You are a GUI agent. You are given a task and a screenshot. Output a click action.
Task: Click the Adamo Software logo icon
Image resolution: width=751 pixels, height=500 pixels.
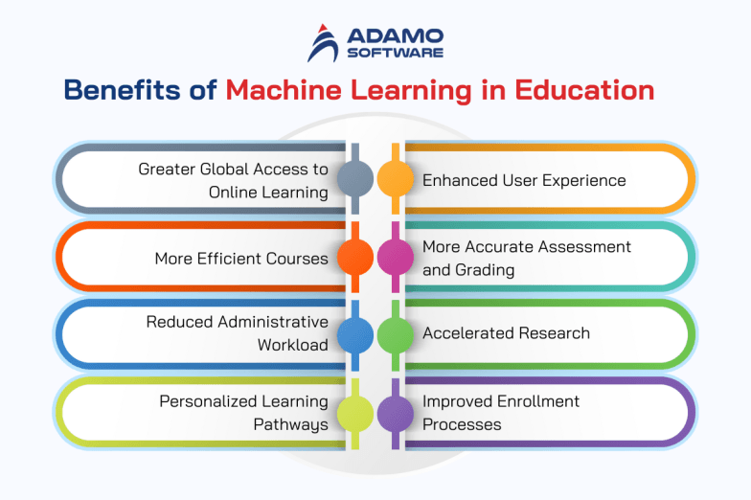point(324,43)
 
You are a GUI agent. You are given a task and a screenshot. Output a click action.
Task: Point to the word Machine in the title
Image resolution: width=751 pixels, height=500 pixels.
point(279,91)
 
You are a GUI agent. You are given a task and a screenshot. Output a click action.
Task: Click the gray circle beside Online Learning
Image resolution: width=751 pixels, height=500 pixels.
point(355,178)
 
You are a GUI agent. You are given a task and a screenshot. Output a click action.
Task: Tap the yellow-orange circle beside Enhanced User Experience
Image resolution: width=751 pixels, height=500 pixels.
point(394,178)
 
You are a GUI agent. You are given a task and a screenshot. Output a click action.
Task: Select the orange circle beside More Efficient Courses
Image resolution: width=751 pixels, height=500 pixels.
point(355,257)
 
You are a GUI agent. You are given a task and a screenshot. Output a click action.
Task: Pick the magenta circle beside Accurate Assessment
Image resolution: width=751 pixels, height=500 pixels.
point(394,257)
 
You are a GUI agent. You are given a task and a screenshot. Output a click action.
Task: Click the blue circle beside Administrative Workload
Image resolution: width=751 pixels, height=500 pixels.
point(355,333)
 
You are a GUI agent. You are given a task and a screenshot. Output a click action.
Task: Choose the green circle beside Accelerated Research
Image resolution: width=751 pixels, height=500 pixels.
point(394,333)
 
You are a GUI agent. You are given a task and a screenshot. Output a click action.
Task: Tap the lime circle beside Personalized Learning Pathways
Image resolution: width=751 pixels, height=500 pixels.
point(355,413)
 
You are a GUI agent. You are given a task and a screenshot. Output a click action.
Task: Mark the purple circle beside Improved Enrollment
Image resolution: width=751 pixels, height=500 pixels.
point(394,413)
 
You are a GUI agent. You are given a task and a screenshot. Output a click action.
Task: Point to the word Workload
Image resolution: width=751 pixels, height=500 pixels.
point(293,345)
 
